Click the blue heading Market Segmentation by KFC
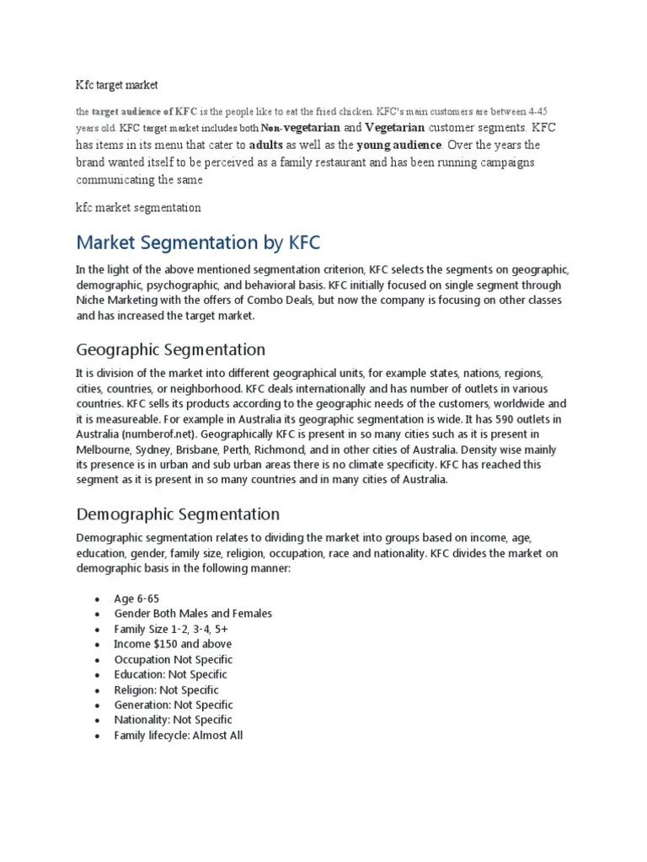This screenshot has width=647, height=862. point(199,243)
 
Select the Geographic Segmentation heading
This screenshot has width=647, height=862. point(170,349)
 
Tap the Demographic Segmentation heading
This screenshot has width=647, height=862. point(178,513)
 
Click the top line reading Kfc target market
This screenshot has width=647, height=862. point(117,85)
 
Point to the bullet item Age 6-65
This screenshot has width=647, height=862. point(136,599)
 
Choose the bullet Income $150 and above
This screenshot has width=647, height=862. point(174,644)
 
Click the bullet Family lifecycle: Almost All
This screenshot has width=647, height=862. point(179,735)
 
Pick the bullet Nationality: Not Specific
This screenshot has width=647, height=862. point(174,720)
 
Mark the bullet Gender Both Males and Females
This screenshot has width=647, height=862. point(193,614)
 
